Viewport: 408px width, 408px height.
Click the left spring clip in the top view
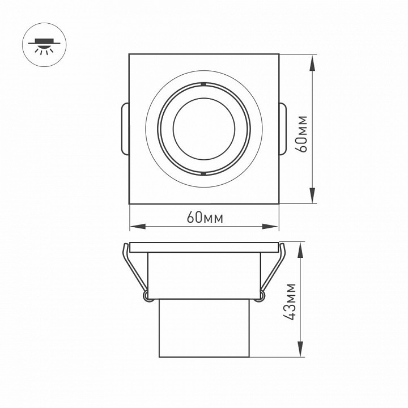point(125,129)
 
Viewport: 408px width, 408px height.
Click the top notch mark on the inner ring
point(202,84)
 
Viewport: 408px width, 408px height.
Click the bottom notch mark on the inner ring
point(202,173)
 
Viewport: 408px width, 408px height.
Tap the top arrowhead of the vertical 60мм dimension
point(313,59)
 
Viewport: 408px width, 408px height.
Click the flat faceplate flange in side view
point(204,248)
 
